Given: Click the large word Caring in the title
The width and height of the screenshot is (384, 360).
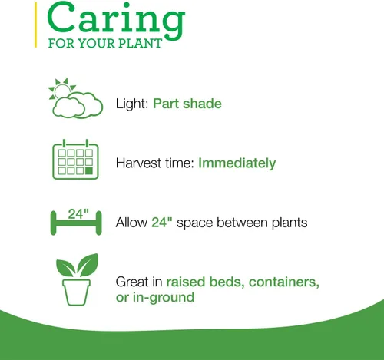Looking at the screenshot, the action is pyautogui.click(x=116, y=21).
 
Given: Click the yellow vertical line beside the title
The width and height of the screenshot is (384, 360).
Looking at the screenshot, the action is pyautogui.click(x=35, y=25).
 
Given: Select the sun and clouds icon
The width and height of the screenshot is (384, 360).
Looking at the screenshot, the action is pyautogui.click(x=75, y=98).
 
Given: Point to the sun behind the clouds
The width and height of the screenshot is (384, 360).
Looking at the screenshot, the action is pyautogui.click(x=61, y=89).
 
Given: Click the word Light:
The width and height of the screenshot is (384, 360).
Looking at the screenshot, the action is pyautogui.click(x=132, y=104).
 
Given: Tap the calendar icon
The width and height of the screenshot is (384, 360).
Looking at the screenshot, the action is pyautogui.click(x=75, y=159).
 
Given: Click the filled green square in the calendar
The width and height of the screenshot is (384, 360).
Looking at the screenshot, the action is pyautogui.click(x=89, y=170).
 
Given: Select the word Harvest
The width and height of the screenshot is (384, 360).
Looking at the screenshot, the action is pyautogui.click(x=138, y=163).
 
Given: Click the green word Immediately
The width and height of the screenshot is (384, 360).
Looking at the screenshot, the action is pyautogui.click(x=237, y=163).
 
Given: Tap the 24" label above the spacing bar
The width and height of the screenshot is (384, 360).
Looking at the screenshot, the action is pyautogui.click(x=78, y=214).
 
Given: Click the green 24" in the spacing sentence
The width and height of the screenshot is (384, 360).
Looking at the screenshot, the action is pyautogui.click(x=162, y=222).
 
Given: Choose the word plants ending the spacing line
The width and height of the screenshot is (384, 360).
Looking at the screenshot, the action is pyautogui.click(x=290, y=223).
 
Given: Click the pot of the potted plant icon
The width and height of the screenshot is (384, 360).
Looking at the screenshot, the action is pyautogui.click(x=76, y=292).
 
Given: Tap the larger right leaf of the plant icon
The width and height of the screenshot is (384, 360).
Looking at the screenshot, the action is pyautogui.click(x=88, y=265).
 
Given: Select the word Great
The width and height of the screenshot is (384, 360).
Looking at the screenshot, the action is pyautogui.click(x=132, y=282).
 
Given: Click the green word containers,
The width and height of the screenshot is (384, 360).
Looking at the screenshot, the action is pyautogui.click(x=284, y=282).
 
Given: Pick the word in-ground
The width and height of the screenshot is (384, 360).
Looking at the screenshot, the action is pyautogui.click(x=164, y=298).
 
